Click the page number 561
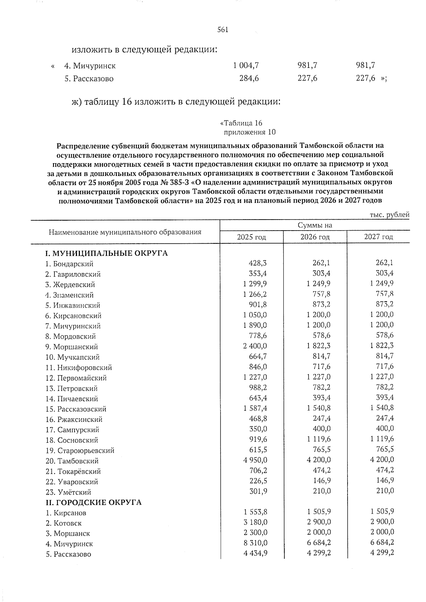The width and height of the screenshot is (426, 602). coord(223,30)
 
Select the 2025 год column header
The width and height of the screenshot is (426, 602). coord(251,237)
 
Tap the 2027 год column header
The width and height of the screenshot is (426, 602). coord(378,237)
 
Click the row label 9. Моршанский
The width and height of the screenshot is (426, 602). coord(72,347)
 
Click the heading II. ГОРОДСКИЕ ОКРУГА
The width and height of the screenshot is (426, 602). coord(93,503)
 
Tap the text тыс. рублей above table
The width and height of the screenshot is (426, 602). coord(389,215)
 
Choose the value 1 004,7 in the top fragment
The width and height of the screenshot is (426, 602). coord(246,65)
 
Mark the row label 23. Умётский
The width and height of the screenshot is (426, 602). coord(69,492)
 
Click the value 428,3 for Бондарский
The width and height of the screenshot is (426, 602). coord(258,263)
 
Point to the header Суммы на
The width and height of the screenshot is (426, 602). coord(315,226)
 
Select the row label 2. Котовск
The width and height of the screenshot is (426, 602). coord(64,523)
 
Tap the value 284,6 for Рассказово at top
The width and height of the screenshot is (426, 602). coord(249,78)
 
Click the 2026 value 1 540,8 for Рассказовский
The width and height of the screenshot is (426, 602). coord(319,408)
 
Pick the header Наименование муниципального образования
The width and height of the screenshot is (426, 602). coord(125,232)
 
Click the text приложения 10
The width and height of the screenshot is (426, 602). coord(250,132)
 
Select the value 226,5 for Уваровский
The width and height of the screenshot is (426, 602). coord(258,481)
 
